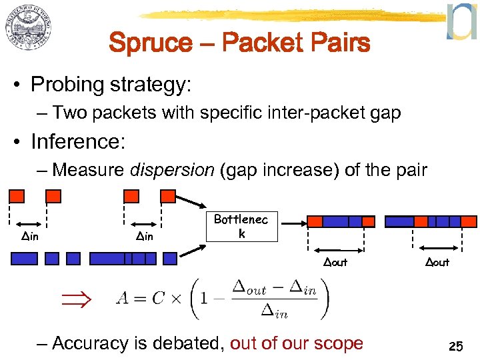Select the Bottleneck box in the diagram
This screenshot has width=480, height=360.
click(x=241, y=227)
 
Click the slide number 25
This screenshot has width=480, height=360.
click(x=456, y=346)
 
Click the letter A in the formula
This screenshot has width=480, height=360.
click(x=123, y=298)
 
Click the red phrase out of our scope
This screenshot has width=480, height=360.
click(x=297, y=343)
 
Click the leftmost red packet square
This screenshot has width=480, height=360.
click(x=17, y=196)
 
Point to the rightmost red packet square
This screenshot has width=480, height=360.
click(x=469, y=221)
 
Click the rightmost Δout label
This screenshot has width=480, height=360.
click(x=437, y=262)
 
